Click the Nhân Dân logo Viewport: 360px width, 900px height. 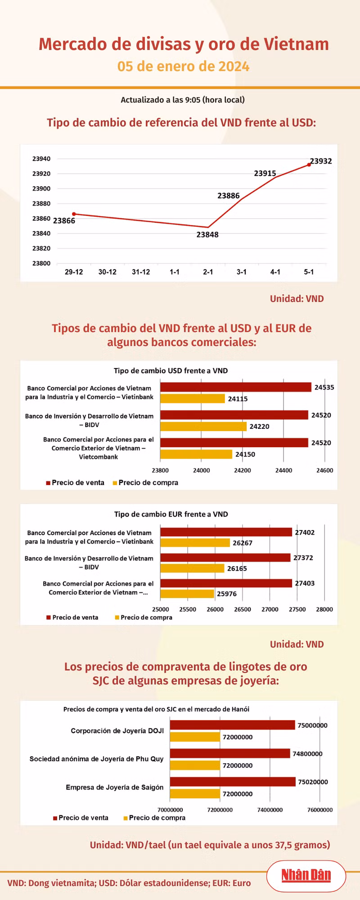[306, 875]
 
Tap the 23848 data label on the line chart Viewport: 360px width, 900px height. [207, 234]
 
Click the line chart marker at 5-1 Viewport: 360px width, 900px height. [309, 165]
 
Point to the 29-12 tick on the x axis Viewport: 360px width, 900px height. [74, 272]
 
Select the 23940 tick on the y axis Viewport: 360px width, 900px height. [41, 159]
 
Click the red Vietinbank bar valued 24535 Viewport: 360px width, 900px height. [236, 387]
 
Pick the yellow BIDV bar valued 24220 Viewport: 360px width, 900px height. [203, 426]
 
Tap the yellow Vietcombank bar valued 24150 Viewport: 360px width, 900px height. [196, 454]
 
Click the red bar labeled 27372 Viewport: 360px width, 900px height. [225, 558]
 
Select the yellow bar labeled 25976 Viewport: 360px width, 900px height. [187, 594]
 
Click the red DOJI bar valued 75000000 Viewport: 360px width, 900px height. [232, 725]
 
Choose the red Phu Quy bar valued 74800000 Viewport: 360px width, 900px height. [230, 753]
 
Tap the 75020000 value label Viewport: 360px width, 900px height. [313, 782]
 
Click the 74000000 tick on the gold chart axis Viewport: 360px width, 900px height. [270, 810]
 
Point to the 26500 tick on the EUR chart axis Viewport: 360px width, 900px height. [243, 609]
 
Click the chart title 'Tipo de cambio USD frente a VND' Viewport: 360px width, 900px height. [171, 371]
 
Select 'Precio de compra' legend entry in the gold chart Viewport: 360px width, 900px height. [154, 818]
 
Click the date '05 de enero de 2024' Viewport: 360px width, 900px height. [184, 67]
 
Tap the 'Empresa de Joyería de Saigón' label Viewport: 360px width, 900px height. [115, 787]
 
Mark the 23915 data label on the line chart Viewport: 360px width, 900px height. [265, 173]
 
